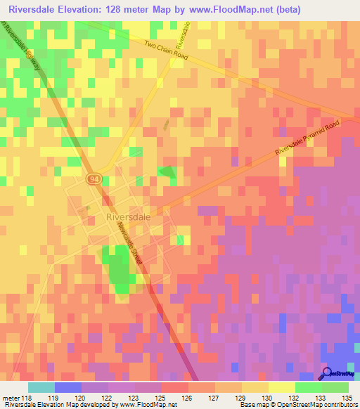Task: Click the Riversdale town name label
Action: [x=128, y=218]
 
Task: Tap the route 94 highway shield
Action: [x=94, y=180]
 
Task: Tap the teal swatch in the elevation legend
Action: [x=41, y=387]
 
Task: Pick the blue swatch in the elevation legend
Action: [x=68, y=387]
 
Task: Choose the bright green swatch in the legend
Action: [x=309, y=387]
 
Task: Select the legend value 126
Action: [x=188, y=398]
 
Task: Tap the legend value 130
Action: [x=265, y=398]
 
